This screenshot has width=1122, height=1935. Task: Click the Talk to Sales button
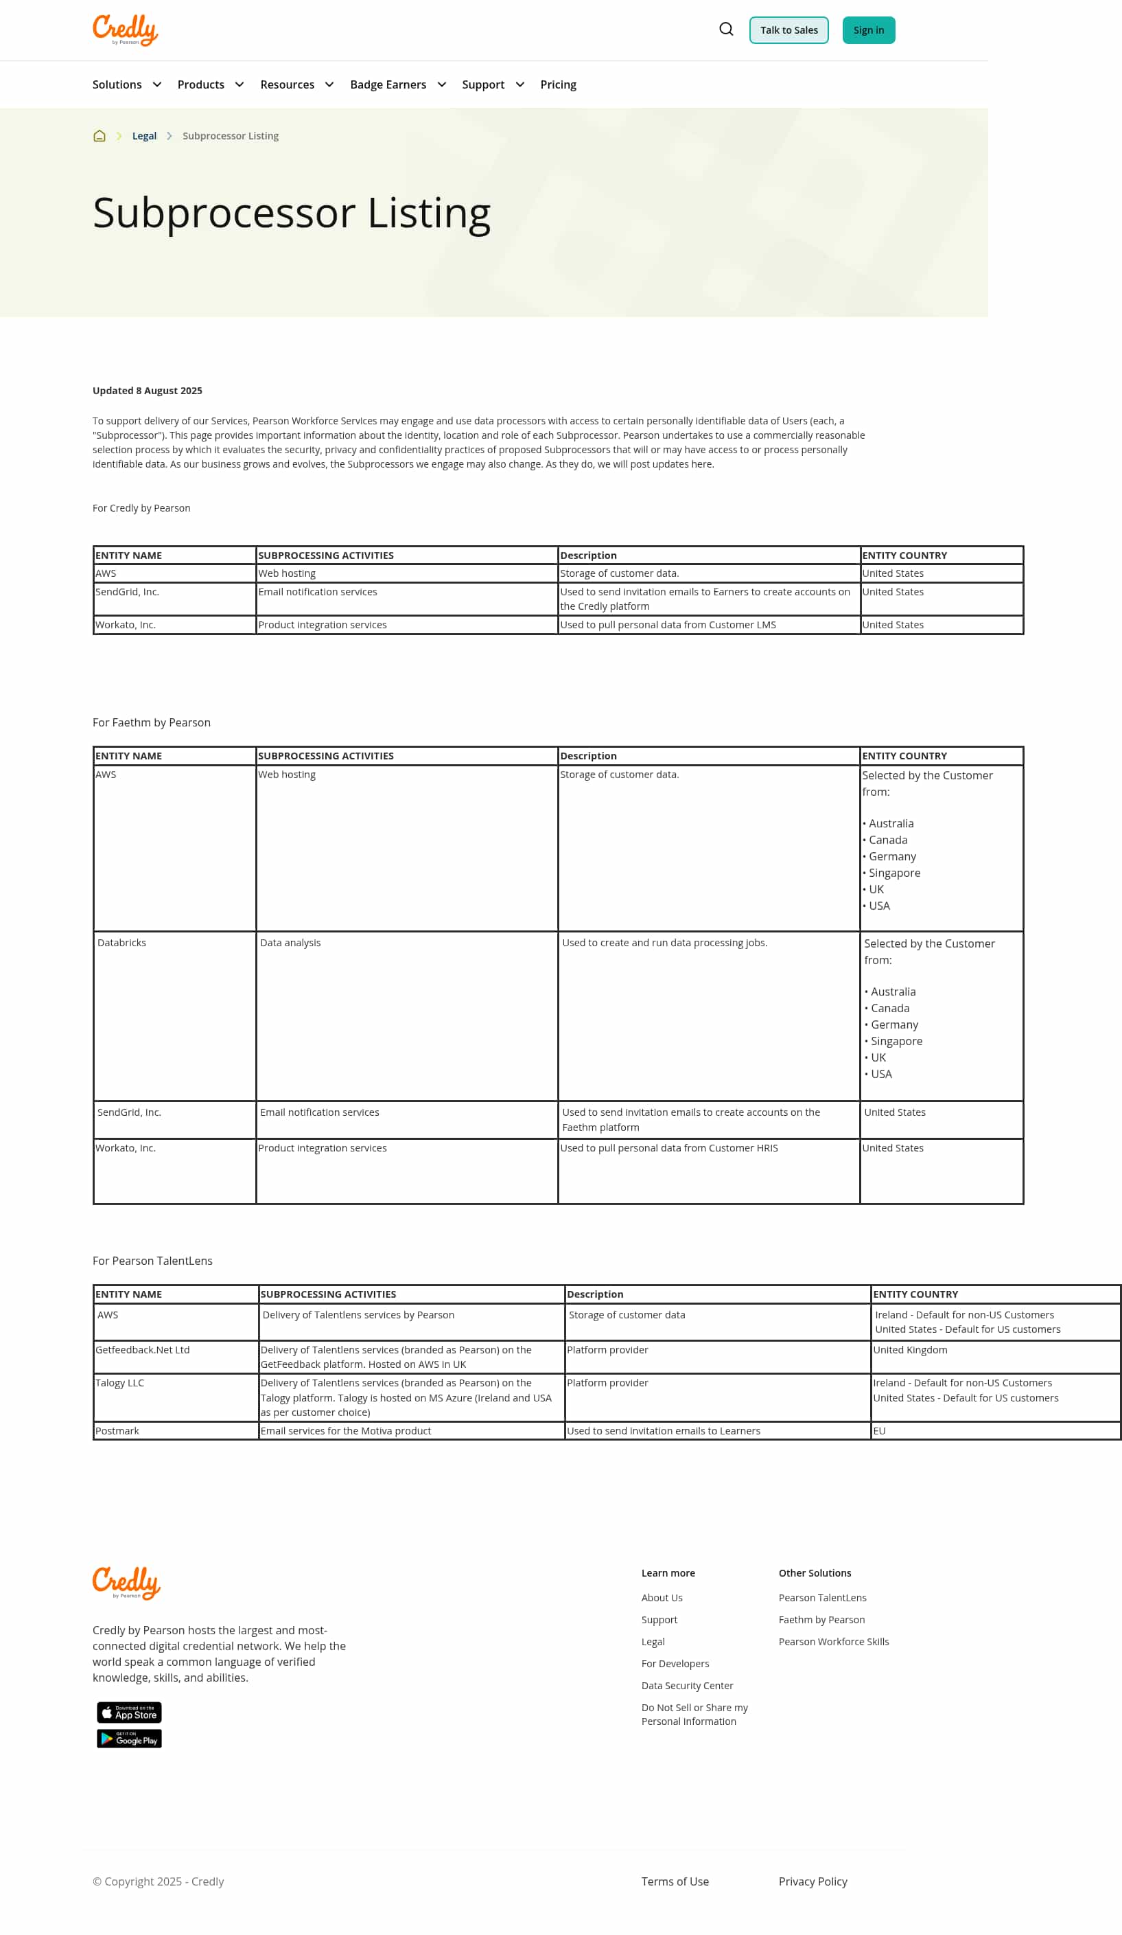(x=788, y=30)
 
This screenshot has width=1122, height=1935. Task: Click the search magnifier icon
(x=726, y=29)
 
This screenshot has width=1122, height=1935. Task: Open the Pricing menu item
(x=558, y=84)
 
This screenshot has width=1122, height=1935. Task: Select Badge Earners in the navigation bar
(x=388, y=84)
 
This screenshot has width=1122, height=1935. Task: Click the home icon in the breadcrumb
(x=99, y=136)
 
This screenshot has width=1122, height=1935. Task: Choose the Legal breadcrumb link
(x=144, y=136)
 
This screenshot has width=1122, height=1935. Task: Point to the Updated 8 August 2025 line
(x=148, y=390)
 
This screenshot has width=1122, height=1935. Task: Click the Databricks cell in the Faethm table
(x=122, y=942)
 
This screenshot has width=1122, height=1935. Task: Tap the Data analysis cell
(x=290, y=942)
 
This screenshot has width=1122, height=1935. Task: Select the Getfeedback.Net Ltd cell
(x=143, y=1349)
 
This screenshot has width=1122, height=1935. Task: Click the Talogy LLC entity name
(x=119, y=1382)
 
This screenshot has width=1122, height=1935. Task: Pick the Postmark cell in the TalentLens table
(x=117, y=1430)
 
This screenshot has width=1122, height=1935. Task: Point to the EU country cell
(x=880, y=1430)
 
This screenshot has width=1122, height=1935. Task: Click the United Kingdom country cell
(x=910, y=1349)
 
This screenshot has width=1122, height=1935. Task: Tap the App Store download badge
(x=129, y=1712)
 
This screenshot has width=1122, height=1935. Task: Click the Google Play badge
(x=129, y=1739)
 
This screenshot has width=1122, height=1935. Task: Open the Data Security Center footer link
(x=687, y=1686)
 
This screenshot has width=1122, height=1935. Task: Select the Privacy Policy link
(x=813, y=1881)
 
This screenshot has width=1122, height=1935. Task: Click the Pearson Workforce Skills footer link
(x=834, y=1642)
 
